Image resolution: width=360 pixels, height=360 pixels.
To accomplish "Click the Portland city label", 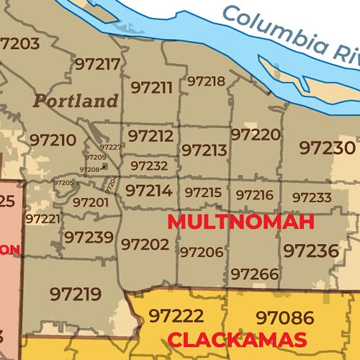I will click(x=76, y=101).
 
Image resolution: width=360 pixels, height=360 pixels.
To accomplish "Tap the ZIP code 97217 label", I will click(x=97, y=64).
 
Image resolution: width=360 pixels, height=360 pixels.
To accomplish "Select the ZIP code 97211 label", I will click(x=152, y=88).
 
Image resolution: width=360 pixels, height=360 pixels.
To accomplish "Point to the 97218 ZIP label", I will click(x=206, y=81).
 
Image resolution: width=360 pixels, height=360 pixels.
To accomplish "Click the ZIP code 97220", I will click(x=256, y=135).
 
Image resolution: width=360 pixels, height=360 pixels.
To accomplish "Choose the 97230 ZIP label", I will click(x=328, y=148).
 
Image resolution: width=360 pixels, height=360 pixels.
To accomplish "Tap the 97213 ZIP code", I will click(x=204, y=150).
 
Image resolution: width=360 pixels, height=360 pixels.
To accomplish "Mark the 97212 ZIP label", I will click(x=150, y=135).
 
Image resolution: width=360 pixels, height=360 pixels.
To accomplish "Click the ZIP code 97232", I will click(x=149, y=166).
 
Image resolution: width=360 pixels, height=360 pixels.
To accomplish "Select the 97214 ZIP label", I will click(x=148, y=191).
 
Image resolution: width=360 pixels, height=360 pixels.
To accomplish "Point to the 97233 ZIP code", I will click(x=312, y=197).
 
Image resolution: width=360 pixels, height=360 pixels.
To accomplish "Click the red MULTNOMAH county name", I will click(x=240, y=222).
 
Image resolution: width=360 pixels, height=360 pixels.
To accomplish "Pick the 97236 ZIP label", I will click(x=310, y=251).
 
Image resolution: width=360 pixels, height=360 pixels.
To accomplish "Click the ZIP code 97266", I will click(x=255, y=274).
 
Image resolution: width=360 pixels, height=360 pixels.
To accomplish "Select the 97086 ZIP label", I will click(x=285, y=317).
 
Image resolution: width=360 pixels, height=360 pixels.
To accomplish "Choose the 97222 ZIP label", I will click(x=176, y=316).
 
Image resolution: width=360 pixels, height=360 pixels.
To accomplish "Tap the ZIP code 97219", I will click(x=75, y=293).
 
